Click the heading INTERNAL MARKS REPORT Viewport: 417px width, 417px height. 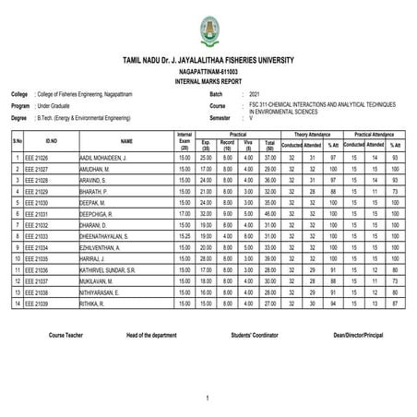[208, 82]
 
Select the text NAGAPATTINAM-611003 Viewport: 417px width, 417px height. [208, 71]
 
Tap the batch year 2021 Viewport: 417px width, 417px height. [254, 95]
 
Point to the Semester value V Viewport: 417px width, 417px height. [251, 120]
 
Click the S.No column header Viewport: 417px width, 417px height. [18, 140]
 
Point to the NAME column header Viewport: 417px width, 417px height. [126, 141]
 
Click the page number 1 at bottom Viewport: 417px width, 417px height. [208, 398]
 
